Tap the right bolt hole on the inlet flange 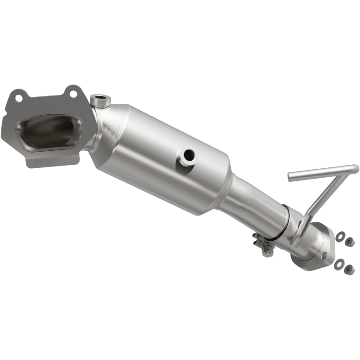coord(72,93)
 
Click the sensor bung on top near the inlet coord(99,100)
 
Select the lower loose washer coord(338,263)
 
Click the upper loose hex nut coord(350,242)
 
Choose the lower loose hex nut coord(348,270)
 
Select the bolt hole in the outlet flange coord(324,255)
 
